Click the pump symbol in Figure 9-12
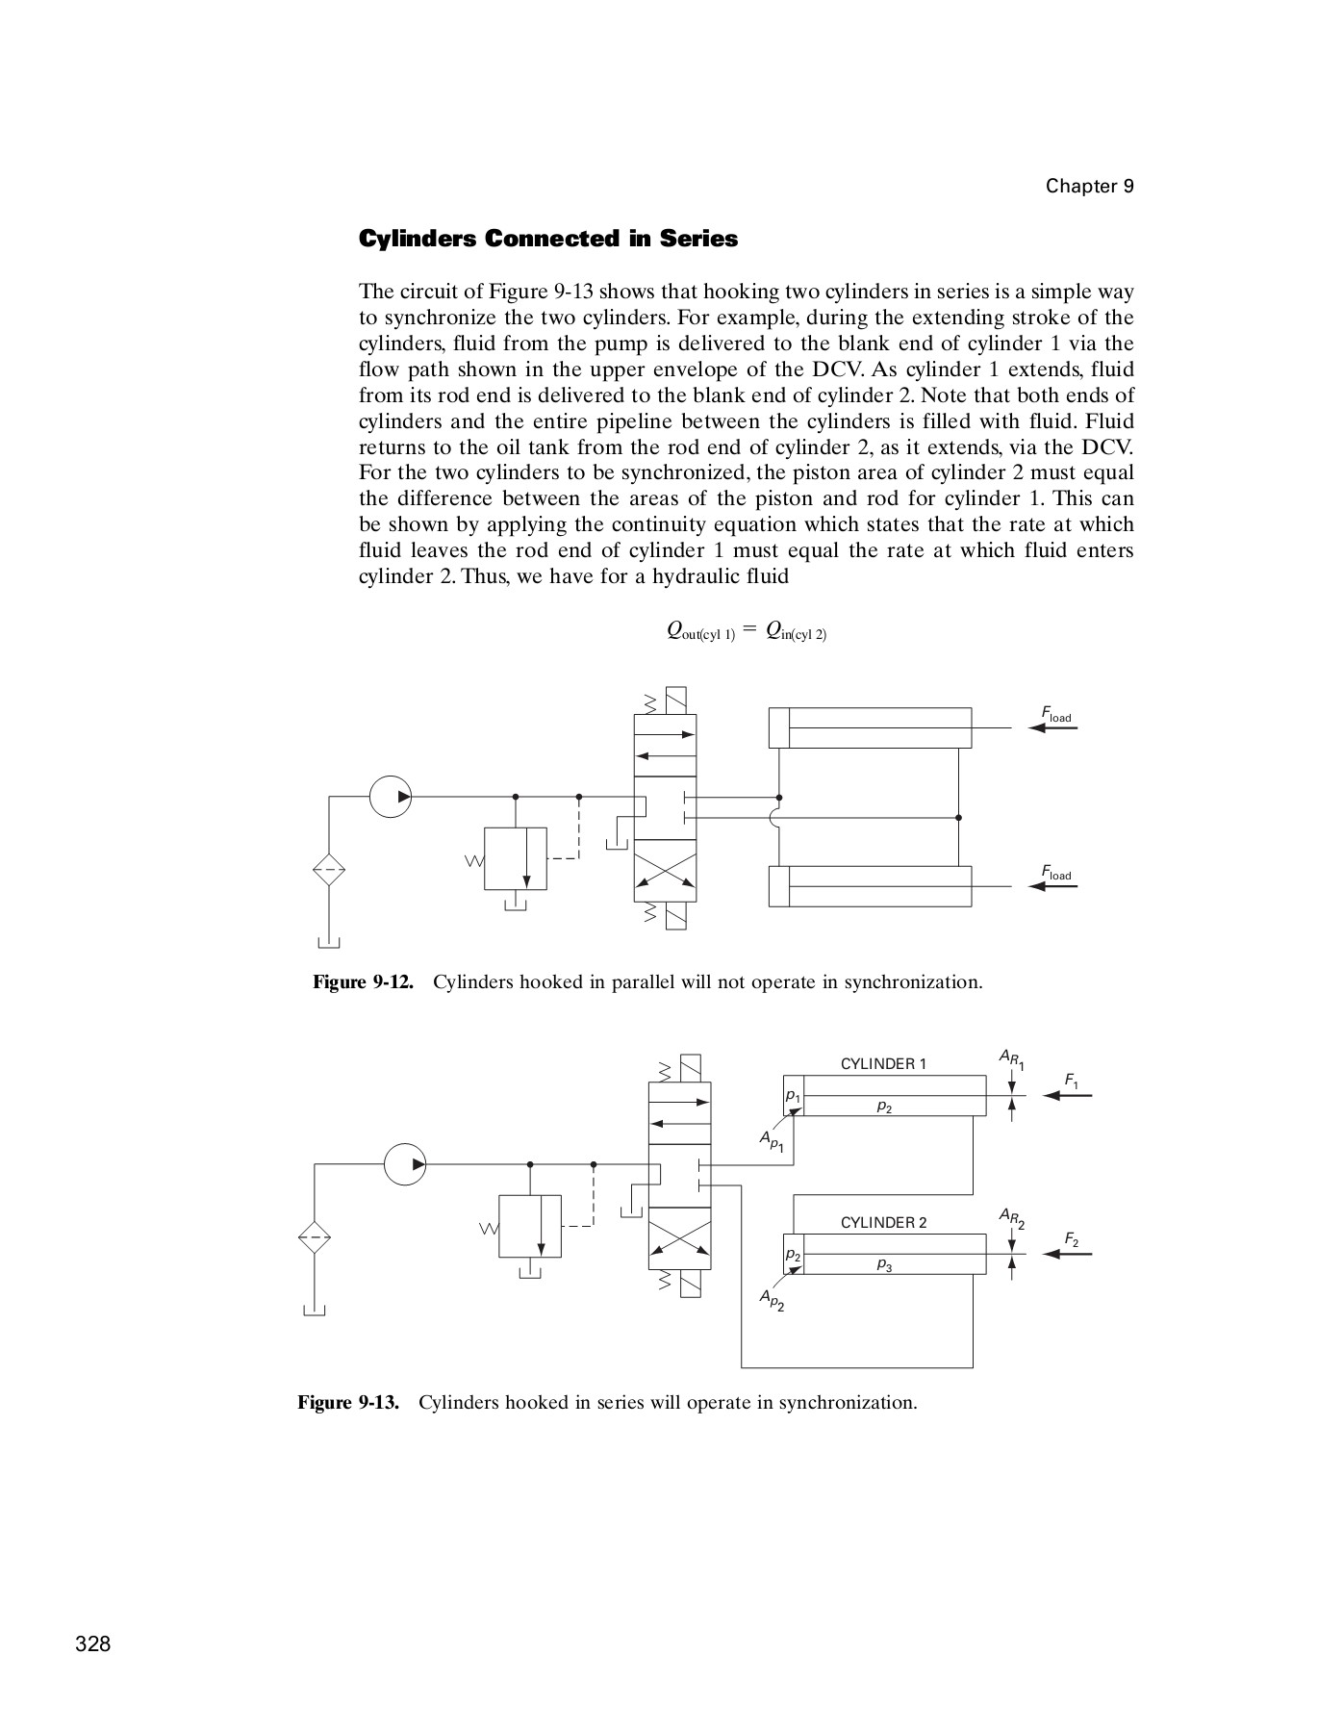point(391,797)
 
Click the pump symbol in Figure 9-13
point(405,1164)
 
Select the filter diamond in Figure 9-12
point(329,870)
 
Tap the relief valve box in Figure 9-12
point(516,858)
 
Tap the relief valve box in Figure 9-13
point(530,1226)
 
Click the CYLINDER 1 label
point(883,1064)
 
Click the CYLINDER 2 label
point(883,1223)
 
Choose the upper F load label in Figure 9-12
point(1055,713)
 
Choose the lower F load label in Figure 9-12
point(1055,872)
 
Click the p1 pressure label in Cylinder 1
point(793,1095)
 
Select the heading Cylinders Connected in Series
point(548,239)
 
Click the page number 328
point(93,1643)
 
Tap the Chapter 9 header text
point(1090,187)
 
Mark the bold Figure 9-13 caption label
point(348,1402)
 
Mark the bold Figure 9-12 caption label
point(363,982)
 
